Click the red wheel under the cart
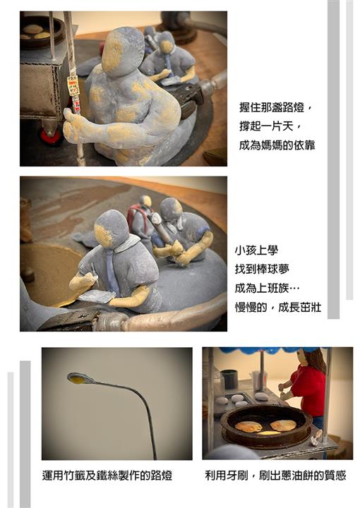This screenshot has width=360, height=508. coord(50,137)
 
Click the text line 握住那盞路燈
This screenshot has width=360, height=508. coord(275,107)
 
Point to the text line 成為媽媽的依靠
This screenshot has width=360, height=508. coord(277,145)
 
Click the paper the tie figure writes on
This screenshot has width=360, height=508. coord(97,296)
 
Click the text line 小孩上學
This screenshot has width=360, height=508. coord(257,250)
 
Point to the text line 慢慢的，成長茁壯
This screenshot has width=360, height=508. coord(278,307)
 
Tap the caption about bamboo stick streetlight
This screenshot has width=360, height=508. coord(107,476)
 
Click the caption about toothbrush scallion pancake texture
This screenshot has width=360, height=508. coord(275,476)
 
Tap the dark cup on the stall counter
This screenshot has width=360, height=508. coord(229,378)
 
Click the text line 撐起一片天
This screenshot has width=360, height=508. coord(270,126)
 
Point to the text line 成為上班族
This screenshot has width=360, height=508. coord(268,288)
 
